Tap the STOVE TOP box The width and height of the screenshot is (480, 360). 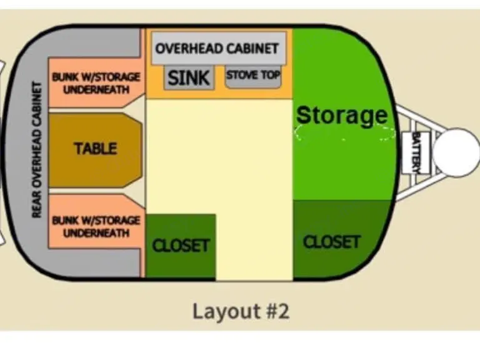(253, 77)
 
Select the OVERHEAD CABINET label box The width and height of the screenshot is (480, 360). (216, 49)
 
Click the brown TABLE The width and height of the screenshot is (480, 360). (95, 149)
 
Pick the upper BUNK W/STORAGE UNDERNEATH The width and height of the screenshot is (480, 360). (96, 84)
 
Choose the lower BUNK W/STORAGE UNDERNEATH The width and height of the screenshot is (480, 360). (96, 226)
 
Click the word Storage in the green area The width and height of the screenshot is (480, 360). (341, 115)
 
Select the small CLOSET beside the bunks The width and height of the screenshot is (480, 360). (181, 245)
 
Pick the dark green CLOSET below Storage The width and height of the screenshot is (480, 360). (331, 241)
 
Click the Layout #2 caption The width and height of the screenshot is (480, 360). (241, 311)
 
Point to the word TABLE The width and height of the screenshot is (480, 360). (95, 149)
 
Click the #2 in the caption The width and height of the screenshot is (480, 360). (276, 311)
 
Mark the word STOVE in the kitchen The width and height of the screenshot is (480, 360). (241, 76)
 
